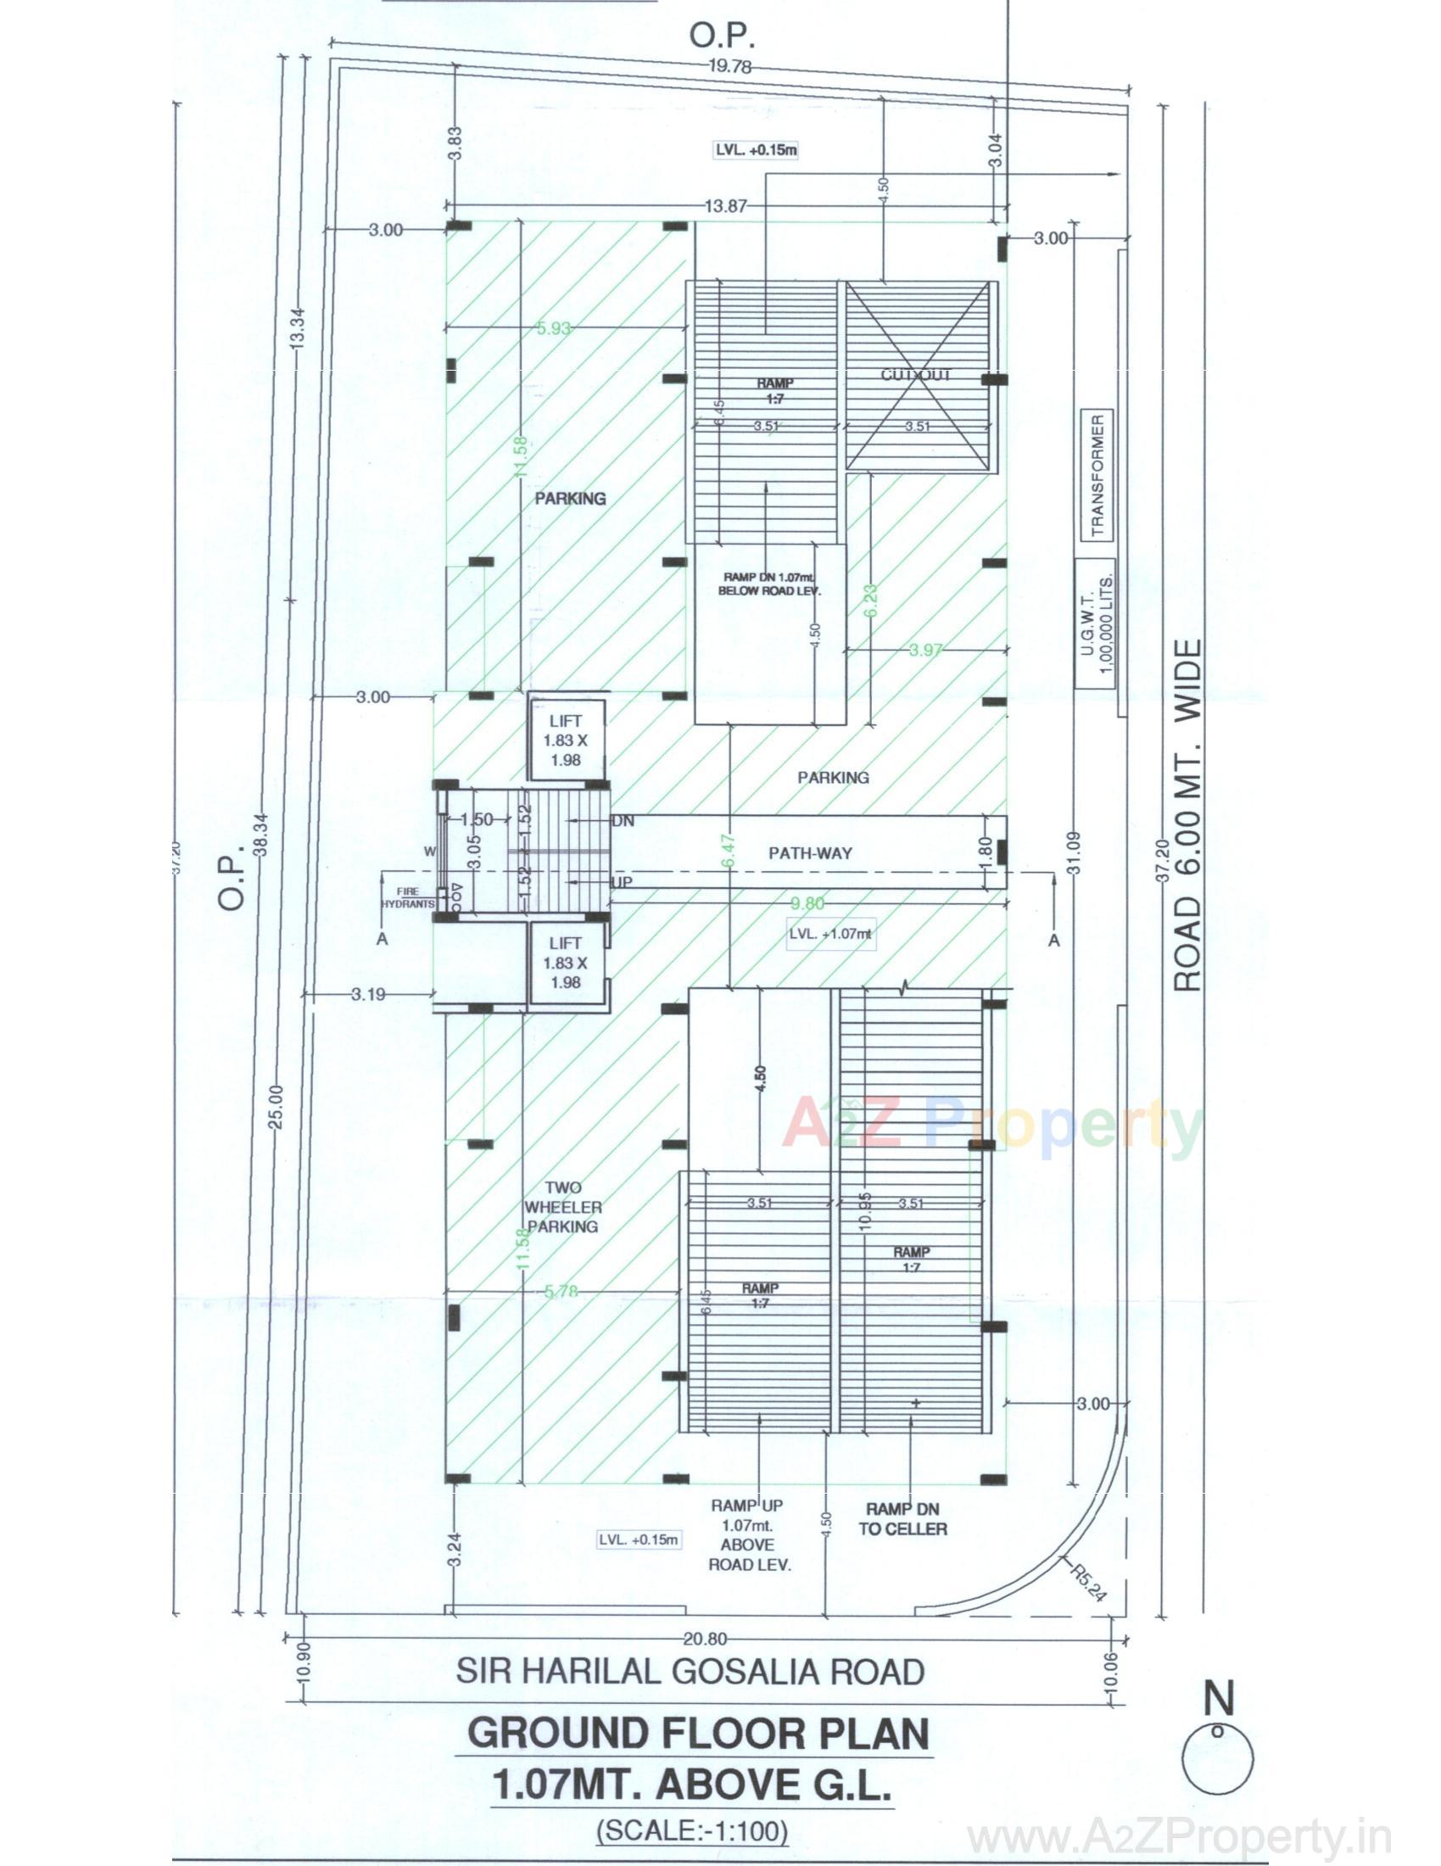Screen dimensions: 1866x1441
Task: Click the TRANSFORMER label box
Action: click(1098, 474)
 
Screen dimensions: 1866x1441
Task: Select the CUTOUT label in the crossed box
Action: click(917, 374)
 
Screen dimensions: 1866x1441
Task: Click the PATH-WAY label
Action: click(810, 852)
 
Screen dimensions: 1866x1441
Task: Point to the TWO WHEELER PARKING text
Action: click(563, 1206)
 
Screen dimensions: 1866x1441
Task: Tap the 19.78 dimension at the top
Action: click(729, 67)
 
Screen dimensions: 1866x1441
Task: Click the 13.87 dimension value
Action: click(726, 206)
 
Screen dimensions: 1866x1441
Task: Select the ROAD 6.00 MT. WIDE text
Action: click(1188, 815)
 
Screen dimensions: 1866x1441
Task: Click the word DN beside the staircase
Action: click(623, 820)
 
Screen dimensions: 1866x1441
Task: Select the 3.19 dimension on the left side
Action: click(368, 994)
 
